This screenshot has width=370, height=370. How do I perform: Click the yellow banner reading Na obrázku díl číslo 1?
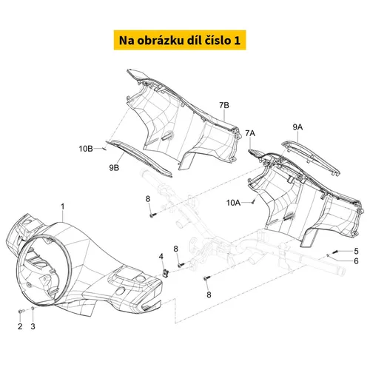(x=180, y=40)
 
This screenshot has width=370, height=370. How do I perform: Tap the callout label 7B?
(x=224, y=105)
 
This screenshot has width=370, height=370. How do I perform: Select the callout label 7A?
(x=250, y=133)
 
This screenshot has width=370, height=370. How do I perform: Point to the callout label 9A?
(x=297, y=127)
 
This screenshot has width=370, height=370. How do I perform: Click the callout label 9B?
(x=114, y=168)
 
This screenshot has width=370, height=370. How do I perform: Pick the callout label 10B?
(x=86, y=149)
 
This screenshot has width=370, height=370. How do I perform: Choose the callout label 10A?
(x=233, y=203)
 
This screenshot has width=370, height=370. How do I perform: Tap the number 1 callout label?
(x=63, y=206)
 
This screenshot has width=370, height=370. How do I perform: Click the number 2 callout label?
(x=20, y=326)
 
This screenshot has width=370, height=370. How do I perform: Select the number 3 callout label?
(x=33, y=326)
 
